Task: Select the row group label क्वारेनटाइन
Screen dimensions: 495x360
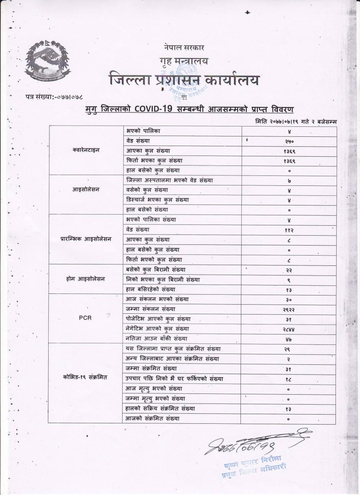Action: pyautogui.click(x=86, y=150)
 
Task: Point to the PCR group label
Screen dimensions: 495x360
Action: pyautogui.click(x=85, y=318)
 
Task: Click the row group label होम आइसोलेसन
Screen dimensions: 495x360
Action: pyautogui.click(x=86, y=279)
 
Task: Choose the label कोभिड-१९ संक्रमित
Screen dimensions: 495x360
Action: pyautogui.click(x=85, y=377)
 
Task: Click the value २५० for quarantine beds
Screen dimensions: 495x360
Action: pyautogui.click(x=289, y=141)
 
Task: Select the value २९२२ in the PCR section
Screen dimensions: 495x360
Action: pyautogui.click(x=289, y=310)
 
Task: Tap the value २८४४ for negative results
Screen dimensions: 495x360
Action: pyautogui.click(x=289, y=329)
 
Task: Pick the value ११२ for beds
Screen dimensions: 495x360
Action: pyautogui.click(x=289, y=230)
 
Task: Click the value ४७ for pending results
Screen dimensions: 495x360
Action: pyautogui.click(x=289, y=339)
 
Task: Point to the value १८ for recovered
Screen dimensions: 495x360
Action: pyautogui.click(x=289, y=379)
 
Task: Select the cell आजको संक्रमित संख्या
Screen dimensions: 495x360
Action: pyautogui.click(x=152, y=418)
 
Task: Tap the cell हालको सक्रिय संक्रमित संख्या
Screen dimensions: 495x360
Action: pyautogui.click(x=160, y=408)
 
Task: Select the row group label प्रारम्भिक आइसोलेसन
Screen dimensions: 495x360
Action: pyautogui.click(x=86, y=239)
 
